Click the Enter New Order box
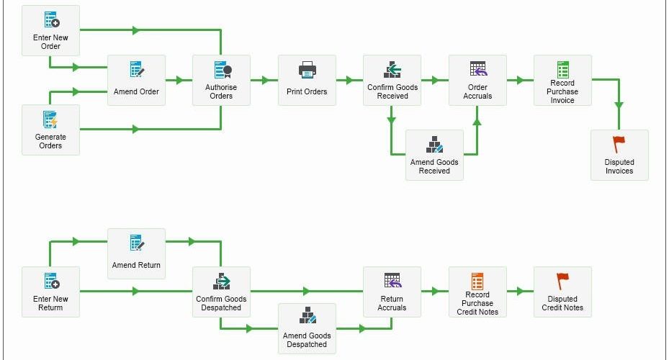[50, 30]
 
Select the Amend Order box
[136, 80]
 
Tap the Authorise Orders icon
[223, 70]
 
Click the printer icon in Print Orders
[307, 70]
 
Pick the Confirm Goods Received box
[392, 80]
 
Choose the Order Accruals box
[477, 80]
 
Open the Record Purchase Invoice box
[562, 80]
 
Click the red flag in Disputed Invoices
[619, 145]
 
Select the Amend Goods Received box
[434, 155]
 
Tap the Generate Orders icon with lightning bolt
[50, 120]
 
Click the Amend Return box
[136, 253]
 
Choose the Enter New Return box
[50, 292]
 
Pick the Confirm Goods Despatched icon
[221, 282]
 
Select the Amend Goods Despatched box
[307, 328]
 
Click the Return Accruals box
[392, 292]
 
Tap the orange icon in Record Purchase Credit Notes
[477, 282]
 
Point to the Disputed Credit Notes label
[562, 303]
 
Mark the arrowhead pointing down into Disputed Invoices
[619, 105]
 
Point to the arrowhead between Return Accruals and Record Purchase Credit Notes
[435, 292]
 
